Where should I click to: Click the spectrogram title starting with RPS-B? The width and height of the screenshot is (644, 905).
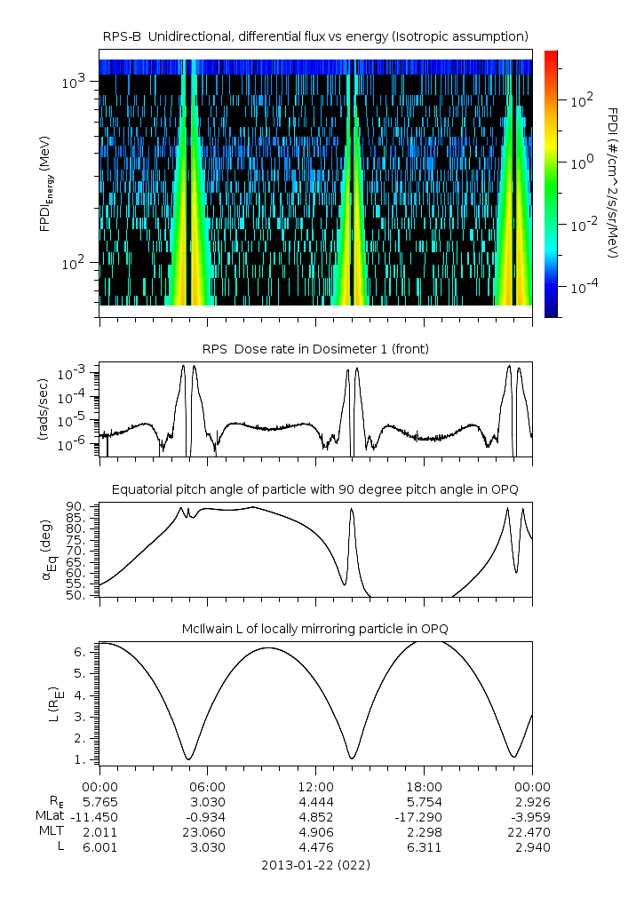(x=315, y=36)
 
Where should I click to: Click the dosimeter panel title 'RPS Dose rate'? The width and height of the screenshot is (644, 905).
(x=315, y=349)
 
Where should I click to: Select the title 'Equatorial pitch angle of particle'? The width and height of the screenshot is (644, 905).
(x=315, y=489)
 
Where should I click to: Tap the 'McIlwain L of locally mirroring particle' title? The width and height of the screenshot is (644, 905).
(x=315, y=629)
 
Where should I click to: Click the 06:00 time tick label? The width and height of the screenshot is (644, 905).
(x=208, y=786)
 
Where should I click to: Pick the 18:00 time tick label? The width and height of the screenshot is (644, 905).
(x=424, y=786)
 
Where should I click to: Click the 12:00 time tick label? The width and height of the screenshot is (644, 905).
(x=315, y=786)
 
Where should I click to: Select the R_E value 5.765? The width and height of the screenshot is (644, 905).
(x=99, y=801)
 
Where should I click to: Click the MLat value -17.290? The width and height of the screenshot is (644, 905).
(x=424, y=816)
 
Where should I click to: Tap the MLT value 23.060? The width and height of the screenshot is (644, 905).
(x=208, y=832)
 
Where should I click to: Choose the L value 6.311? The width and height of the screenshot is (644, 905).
(x=424, y=847)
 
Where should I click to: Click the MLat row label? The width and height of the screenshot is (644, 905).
(x=49, y=816)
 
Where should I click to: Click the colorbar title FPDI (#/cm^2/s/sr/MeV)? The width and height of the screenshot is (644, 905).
(x=613, y=182)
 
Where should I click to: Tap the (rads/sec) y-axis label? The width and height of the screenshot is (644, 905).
(x=42, y=409)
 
